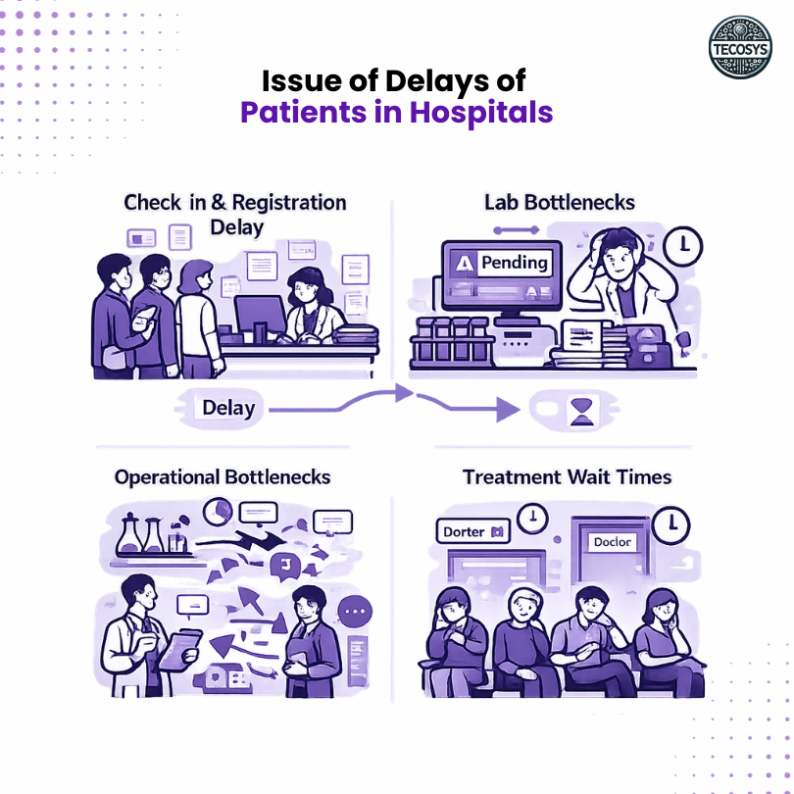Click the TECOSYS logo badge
740,47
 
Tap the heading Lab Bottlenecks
560,203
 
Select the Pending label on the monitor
502,263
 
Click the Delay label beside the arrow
227,407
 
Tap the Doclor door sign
613,541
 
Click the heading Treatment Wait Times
567,477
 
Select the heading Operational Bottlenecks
223,477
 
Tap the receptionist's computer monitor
260,317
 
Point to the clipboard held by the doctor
178,650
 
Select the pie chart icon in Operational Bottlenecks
218,512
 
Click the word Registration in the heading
284,203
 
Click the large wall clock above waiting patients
671,523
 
